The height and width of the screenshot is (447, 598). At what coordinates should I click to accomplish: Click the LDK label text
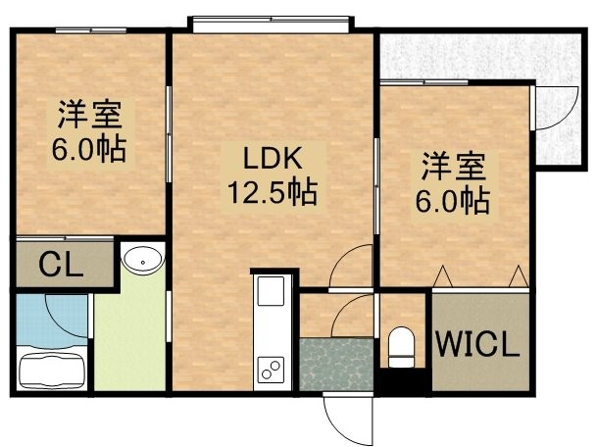point(273,159)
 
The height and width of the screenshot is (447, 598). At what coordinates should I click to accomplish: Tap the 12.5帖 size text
point(273,191)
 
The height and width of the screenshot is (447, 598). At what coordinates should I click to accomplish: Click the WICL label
point(478,343)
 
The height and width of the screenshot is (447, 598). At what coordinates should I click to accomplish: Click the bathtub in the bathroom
point(52,371)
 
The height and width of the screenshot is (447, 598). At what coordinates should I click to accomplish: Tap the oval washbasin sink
point(142,260)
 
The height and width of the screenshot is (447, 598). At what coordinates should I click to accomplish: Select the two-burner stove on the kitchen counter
point(271,370)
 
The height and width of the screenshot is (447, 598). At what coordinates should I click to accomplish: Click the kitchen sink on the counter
point(271,291)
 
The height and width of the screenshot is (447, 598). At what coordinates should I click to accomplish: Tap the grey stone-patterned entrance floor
point(336,365)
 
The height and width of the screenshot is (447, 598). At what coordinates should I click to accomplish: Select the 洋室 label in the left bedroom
point(90,114)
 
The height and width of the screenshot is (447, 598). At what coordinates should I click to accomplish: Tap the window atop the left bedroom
point(91,30)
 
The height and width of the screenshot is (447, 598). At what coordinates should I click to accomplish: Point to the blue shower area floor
point(52,320)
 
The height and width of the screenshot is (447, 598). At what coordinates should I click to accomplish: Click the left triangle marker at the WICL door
point(443,276)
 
